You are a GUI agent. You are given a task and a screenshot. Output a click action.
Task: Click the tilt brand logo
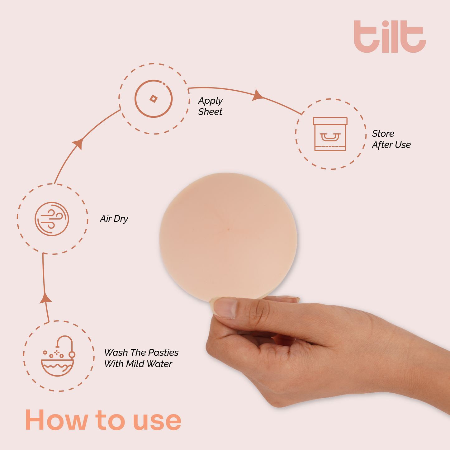tap(390, 37)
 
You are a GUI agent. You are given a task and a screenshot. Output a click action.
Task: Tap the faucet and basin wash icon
tap(58, 356)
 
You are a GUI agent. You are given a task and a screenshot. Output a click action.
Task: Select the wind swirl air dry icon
tap(52, 219)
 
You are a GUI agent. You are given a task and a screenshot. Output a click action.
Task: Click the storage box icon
tap(330, 134)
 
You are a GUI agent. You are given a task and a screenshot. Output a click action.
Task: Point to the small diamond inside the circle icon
tap(153, 99)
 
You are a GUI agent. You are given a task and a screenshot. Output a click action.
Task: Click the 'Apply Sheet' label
tap(210, 106)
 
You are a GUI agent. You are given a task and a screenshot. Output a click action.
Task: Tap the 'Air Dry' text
tap(114, 219)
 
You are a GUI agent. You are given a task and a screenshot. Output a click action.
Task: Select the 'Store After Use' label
tap(391, 139)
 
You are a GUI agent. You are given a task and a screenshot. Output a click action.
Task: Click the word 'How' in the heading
tap(56, 420)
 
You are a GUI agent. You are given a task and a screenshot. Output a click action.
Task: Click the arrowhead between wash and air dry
tap(46, 298)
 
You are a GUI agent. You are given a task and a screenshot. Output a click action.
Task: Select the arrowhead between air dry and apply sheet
tap(78, 143)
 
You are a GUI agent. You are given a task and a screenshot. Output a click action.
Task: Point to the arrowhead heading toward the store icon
tap(257, 95)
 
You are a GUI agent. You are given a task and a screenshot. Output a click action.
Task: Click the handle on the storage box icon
tap(330, 137)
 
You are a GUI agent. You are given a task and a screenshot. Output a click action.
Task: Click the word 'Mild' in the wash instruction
tap(136, 364)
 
